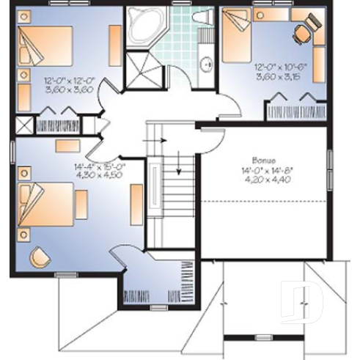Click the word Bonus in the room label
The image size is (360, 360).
[261, 159]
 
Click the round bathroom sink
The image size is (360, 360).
[207, 64]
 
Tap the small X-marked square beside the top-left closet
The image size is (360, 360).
[22, 124]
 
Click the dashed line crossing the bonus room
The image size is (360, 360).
[264, 200]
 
